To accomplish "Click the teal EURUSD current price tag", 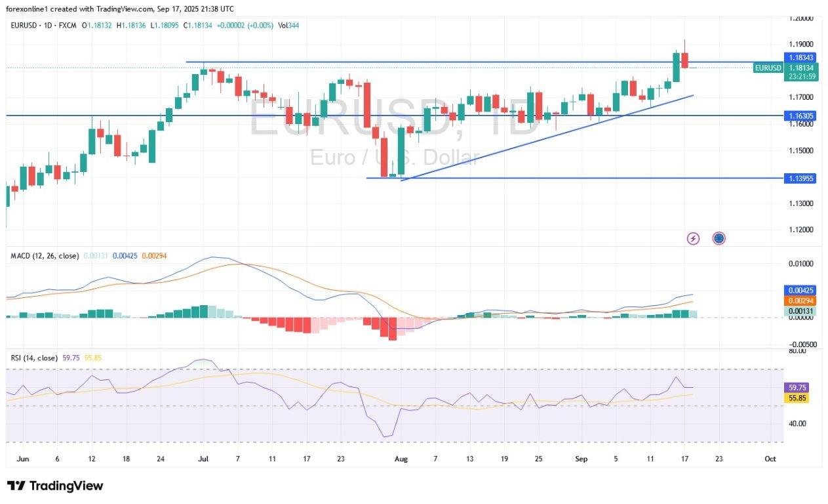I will click(768, 68).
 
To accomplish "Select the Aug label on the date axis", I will click(401, 459).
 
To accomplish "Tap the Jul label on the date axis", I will click(203, 459).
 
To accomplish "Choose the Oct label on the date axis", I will click(770, 459).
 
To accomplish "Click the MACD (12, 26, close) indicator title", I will click(45, 255).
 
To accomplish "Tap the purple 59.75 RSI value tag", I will click(798, 388).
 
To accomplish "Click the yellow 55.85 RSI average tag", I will click(798, 398).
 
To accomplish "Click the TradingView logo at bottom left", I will click(55, 486).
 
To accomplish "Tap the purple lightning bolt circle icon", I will click(693, 238).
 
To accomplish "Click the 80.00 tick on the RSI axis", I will click(797, 351).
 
